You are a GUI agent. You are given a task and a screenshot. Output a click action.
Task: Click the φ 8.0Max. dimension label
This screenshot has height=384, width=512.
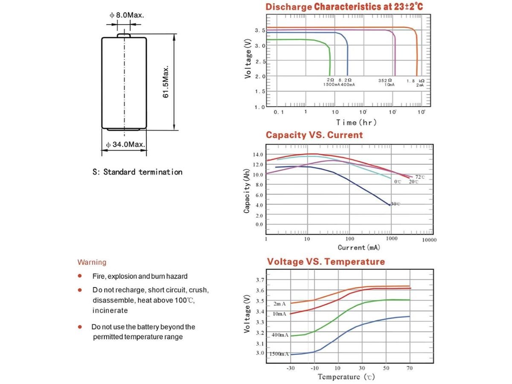[x=127, y=15]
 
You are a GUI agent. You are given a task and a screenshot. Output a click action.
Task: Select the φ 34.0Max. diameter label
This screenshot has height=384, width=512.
[x=126, y=145]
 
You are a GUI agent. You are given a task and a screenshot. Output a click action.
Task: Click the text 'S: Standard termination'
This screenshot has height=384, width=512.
[x=137, y=172]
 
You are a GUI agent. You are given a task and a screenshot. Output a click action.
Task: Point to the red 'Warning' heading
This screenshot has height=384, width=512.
[x=92, y=262]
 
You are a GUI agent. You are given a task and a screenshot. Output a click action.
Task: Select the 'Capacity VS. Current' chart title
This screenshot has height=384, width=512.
[x=314, y=135]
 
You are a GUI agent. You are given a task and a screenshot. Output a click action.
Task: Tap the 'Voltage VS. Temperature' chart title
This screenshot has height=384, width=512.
[x=326, y=262]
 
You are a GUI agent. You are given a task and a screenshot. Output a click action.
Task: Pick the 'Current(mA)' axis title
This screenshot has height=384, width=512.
[x=359, y=247]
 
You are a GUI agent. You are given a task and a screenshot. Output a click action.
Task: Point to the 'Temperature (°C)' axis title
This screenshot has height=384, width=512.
[x=346, y=377]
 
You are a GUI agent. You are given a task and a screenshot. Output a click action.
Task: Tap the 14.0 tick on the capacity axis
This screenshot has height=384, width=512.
[x=258, y=154]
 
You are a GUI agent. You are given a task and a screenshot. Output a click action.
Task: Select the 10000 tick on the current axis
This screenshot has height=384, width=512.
[x=429, y=240]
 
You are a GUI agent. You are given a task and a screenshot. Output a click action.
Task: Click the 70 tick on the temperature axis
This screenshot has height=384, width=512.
[x=410, y=367]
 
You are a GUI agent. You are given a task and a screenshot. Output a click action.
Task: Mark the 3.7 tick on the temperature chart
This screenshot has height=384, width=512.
[x=259, y=280]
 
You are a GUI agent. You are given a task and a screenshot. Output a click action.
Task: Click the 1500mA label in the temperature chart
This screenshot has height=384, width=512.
[x=279, y=354]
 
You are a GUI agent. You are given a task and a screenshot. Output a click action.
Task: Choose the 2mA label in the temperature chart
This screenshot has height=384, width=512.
[x=279, y=304]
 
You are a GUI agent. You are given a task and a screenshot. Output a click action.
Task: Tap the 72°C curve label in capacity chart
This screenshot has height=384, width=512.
[x=420, y=177]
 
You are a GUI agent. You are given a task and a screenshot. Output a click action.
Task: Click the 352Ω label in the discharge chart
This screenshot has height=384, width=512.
[x=385, y=80]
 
